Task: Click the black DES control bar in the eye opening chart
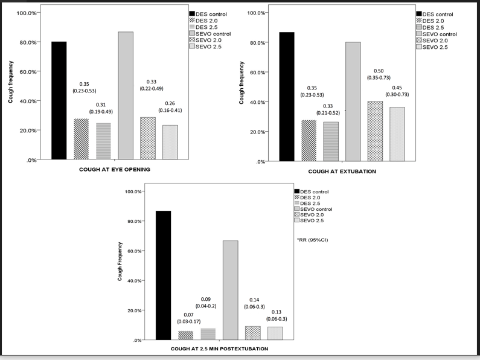pyautogui.click(x=59, y=101)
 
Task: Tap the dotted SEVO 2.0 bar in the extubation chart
pyautogui.click(x=375, y=131)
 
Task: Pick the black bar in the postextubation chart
pyautogui.click(x=164, y=275)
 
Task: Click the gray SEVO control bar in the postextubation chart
pyautogui.click(x=230, y=290)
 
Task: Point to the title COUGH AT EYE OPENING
pyautogui.click(x=114, y=170)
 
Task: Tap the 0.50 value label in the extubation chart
pyautogui.click(x=379, y=71)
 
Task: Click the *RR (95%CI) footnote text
pyautogui.click(x=313, y=240)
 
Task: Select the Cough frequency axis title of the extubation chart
pyautogui.click(x=242, y=86)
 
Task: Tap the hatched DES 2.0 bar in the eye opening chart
pyautogui.click(x=81, y=139)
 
